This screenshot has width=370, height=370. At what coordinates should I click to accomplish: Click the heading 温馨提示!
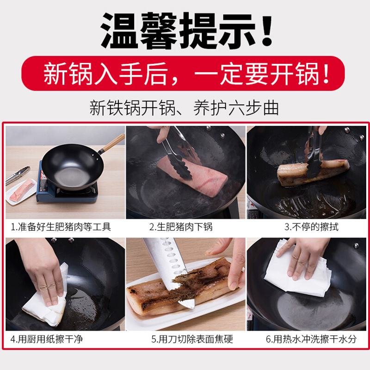pyautogui.click(x=186, y=30)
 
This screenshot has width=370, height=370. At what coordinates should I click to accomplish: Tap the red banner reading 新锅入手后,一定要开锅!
pyautogui.click(x=183, y=74)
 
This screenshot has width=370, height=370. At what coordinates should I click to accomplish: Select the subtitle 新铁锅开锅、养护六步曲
pyautogui.click(x=184, y=108)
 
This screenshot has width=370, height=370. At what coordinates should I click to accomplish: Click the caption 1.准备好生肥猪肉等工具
pyautogui.click(x=61, y=227)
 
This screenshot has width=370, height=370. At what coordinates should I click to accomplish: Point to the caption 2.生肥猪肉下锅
pyautogui.click(x=181, y=227)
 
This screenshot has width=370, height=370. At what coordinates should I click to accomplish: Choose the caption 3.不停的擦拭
pyautogui.click(x=311, y=227)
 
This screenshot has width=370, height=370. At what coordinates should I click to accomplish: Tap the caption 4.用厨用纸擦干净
pyautogui.click(x=47, y=339)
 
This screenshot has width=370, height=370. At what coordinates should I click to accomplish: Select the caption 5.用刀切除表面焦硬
pyautogui.click(x=192, y=339)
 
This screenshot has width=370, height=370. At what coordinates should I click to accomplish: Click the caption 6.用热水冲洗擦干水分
pyautogui.click(x=311, y=339)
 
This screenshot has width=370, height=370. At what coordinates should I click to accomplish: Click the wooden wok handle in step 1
pyautogui.click(x=112, y=143)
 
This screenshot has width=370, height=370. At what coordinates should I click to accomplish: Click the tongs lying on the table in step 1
pyautogui.click(x=18, y=175)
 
